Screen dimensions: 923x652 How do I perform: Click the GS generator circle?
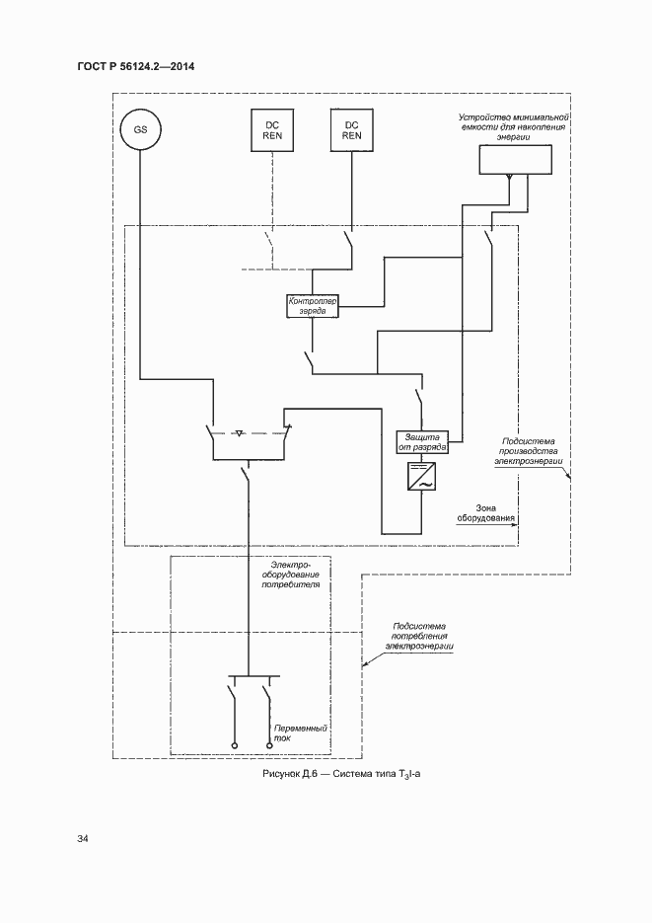[140, 130]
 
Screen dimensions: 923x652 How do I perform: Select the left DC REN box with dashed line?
[271, 130]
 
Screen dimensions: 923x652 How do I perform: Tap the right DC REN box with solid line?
[350, 130]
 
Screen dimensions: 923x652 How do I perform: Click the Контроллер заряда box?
[312, 305]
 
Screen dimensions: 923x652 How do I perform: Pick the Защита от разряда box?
[422, 441]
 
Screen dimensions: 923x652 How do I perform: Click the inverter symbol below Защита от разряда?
[422, 479]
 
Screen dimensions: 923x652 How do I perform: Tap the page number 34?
[82, 839]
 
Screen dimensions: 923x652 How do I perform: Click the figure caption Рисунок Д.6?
[341, 775]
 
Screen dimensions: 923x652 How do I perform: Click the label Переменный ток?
[307, 731]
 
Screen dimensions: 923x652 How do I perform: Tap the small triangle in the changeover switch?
[240, 432]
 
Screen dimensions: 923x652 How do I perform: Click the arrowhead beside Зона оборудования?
[515, 526]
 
